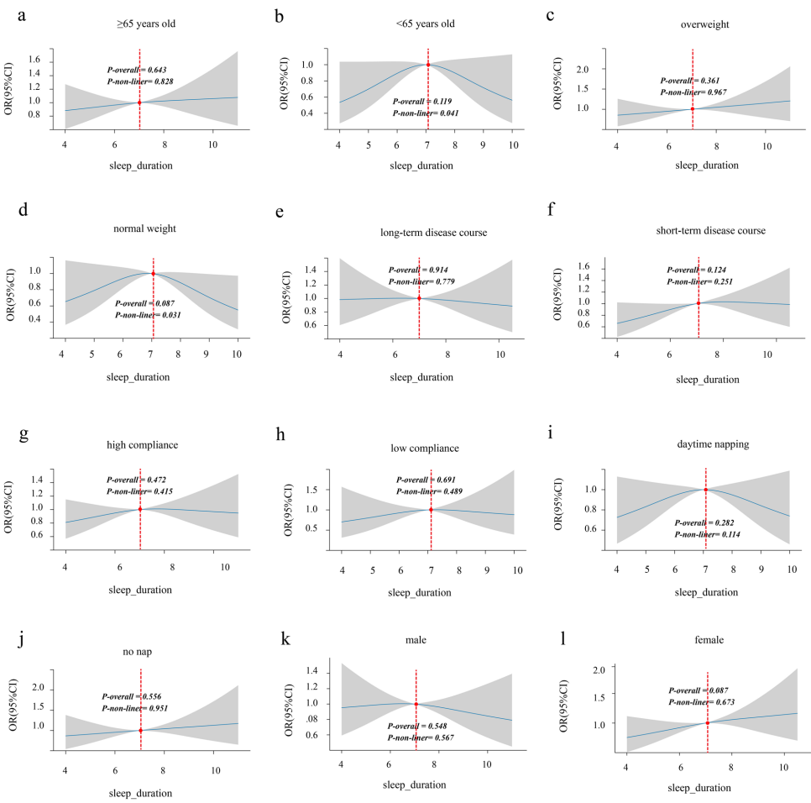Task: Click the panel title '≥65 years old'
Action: [x=140, y=23]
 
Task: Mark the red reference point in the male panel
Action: [x=416, y=704]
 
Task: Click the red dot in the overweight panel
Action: [x=692, y=108]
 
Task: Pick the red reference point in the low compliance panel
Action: [x=431, y=509]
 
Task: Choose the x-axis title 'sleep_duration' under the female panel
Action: [x=699, y=787]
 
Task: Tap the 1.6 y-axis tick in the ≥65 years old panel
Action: [x=36, y=60]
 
